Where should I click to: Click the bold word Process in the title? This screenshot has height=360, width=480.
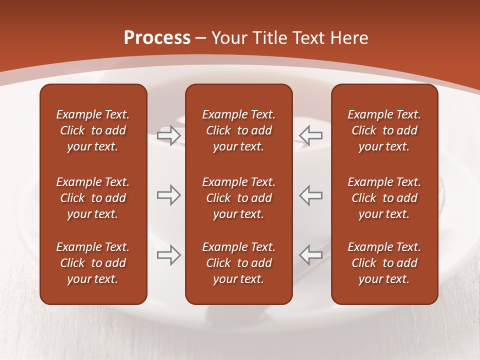click(157, 38)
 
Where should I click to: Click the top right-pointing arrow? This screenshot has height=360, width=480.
click(168, 135)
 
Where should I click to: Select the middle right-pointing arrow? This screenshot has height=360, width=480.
click(168, 195)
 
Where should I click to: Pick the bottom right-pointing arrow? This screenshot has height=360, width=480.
click(168, 255)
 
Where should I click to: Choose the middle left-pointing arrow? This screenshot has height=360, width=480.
click(311, 195)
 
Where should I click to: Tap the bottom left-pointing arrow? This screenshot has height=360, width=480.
click(311, 255)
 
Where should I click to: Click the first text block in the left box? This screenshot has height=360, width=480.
click(93, 130)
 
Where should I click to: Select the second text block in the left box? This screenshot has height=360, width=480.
click(93, 198)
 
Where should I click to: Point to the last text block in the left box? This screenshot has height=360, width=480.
click(93, 263)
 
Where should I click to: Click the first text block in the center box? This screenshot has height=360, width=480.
click(238, 130)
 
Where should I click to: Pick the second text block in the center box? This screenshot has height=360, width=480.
click(238, 198)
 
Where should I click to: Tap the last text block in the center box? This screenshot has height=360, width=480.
click(238, 263)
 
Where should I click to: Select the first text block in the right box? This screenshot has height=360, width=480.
click(384, 130)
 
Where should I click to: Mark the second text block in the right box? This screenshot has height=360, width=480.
click(384, 198)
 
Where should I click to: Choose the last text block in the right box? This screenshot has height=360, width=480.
click(384, 263)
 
